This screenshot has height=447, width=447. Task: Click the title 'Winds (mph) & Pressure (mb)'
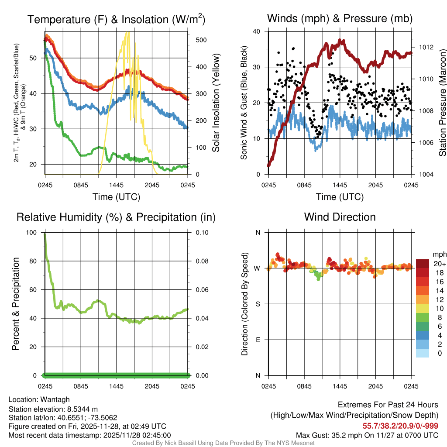coord(340,18)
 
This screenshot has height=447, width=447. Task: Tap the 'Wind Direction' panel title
coord(340,217)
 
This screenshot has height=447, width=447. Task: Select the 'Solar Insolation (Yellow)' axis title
coord(216,103)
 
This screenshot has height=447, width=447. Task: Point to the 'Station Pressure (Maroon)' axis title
coord(442,103)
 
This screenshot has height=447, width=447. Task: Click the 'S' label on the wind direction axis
coord(258,304)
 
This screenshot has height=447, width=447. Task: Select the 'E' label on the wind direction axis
coord(258,340)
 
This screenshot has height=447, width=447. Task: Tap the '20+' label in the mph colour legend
coord(439,264)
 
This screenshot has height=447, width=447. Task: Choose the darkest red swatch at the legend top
coord(422,263)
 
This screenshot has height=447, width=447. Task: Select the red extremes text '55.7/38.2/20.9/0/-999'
coord(400,426)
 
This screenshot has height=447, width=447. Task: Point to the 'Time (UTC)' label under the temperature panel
coord(116,197)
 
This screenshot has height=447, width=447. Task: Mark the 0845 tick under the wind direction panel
coord(304,386)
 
